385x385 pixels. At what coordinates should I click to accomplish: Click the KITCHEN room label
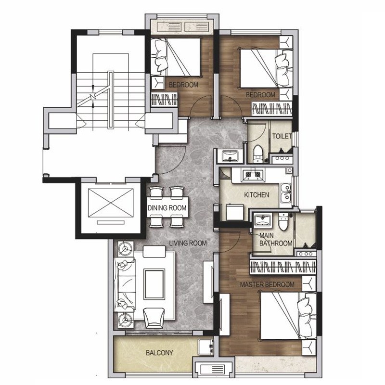[x=257, y=195]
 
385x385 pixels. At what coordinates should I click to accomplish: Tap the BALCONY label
[x=159, y=353]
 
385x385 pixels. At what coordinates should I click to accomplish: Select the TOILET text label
[x=282, y=136]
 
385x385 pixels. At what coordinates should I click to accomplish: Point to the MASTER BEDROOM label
[x=267, y=284]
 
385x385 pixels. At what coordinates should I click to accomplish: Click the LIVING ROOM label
[x=188, y=244]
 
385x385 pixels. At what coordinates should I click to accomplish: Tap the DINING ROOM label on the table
[x=167, y=208]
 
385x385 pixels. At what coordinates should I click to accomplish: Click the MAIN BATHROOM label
[x=275, y=239]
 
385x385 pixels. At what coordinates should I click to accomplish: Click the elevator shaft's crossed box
[x=111, y=203]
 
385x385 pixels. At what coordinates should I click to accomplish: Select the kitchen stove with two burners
[x=253, y=175]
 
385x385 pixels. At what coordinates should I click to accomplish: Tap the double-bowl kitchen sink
[x=285, y=193]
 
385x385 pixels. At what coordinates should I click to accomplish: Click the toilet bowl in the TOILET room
[x=258, y=154]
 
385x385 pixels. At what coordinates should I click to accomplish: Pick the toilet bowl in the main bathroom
[x=283, y=222]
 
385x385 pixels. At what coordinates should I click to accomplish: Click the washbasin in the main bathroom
[x=262, y=220]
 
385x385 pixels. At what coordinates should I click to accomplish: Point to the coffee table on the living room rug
[x=154, y=284]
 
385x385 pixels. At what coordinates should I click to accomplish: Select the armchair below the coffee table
[x=154, y=318]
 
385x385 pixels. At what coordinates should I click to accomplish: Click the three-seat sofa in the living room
[x=125, y=284]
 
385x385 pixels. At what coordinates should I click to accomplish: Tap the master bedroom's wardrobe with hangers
[x=282, y=267]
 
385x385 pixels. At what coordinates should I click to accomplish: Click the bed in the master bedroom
[x=288, y=316]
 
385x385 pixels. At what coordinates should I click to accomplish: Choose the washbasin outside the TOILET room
[x=230, y=156]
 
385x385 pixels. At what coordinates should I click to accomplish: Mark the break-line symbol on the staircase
[x=93, y=97]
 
